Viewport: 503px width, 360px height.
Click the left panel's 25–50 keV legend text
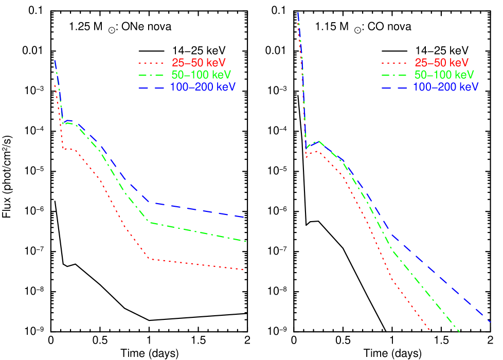click(x=199, y=63)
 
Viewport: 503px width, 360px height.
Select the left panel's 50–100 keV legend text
click(x=201, y=75)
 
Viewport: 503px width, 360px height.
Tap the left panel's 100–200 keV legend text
click(x=203, y=87)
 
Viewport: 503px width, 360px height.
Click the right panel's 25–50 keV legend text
click(x=441, y=63)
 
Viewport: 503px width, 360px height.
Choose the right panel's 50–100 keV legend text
click(x=444, y=75)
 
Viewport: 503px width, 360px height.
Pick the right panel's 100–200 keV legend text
click(x=445, y=87)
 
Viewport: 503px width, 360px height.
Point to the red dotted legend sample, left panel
click(x=150, y=63)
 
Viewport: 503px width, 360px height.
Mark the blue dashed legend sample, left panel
click(x=150, y=87)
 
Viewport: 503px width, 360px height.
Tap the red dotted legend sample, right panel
click(x=393, y=63)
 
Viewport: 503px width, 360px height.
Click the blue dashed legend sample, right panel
click(x=393, y=87)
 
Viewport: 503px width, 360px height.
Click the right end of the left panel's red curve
click(x=243, y=269)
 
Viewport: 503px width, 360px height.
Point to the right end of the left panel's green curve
click(x=246, y=241)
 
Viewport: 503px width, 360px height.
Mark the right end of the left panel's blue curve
click(x=243, y=217)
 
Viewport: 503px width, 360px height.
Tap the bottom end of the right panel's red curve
click(x=429, y=330)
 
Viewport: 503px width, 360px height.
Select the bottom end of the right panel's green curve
click(x=459, y=332)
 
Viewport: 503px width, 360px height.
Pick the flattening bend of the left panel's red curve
click(x=148, y=258)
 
